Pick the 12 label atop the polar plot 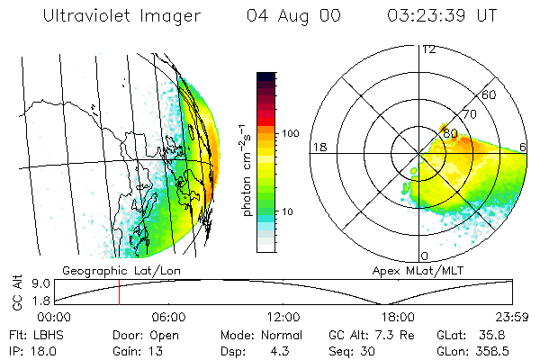tap(429, 49)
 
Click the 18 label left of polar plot tap(319, 147)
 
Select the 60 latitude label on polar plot tap(490, 94)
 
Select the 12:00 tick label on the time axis tap(283, 317)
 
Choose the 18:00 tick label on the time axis tap(397, 317)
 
